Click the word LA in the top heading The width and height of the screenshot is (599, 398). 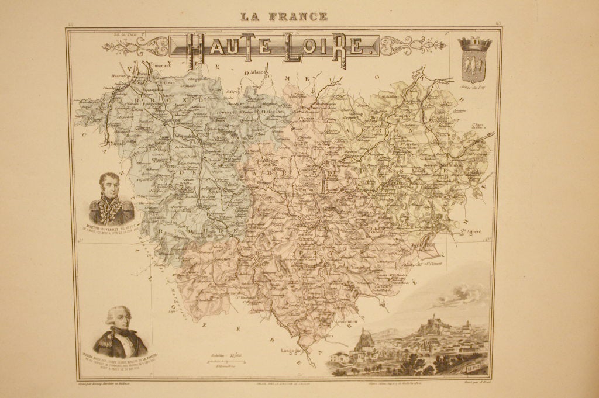tap(250, 16)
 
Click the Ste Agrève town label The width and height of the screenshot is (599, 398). tap(470, 233)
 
